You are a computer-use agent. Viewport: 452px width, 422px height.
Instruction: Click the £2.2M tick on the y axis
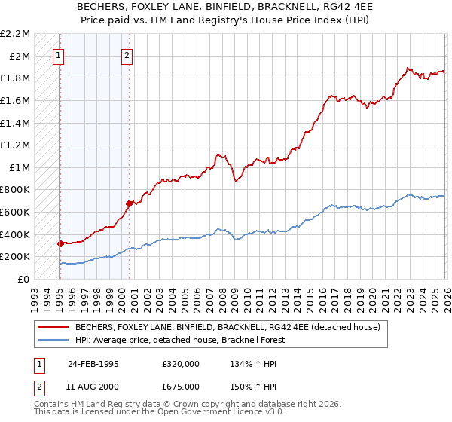tap(17, 34)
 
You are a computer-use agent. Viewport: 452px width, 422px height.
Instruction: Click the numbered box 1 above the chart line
tap(59, 54)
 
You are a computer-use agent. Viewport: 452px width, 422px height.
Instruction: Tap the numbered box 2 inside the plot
tap(127, 54)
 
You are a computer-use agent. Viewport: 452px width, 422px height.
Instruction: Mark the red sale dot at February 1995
tap(60, 243)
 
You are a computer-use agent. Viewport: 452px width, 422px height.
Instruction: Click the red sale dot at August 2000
tap(129, 203)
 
